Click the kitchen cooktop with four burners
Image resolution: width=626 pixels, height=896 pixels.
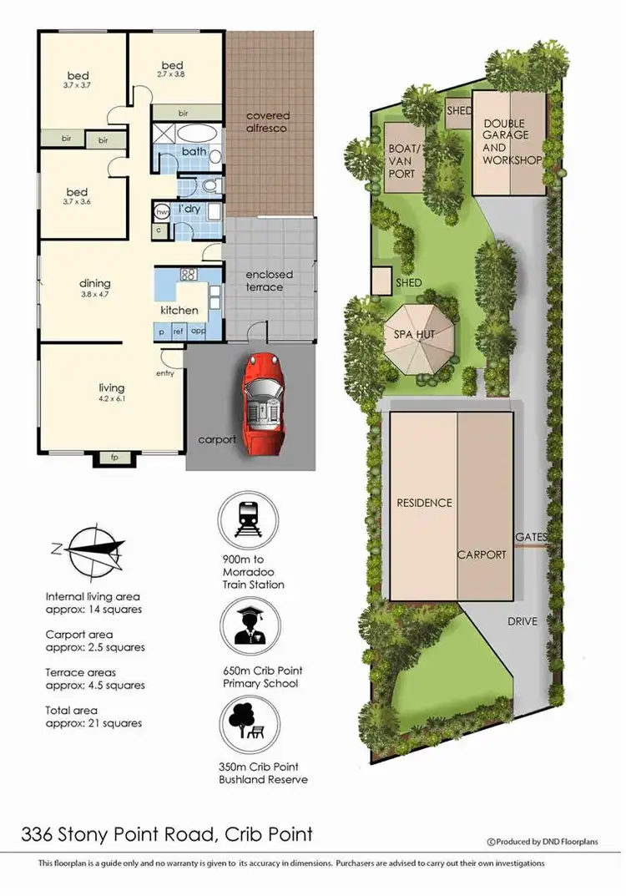pos(188,274)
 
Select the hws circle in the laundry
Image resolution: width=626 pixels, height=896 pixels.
pos(162,212)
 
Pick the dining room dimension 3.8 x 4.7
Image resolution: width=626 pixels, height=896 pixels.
pos(95,294)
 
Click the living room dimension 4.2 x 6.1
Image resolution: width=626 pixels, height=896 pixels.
pos(111,398)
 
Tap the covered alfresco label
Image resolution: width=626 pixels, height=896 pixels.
pos(267,122)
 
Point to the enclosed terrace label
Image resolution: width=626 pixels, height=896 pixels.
pos(264,281)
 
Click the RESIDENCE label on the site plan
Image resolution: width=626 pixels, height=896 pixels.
pos(424,503)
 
